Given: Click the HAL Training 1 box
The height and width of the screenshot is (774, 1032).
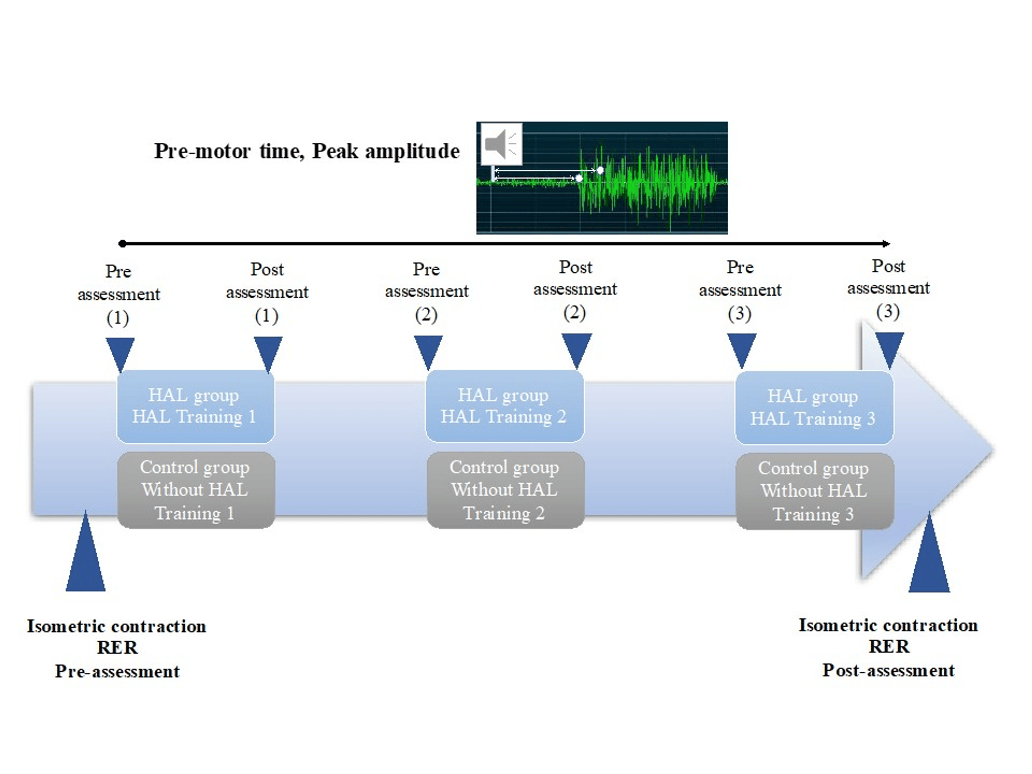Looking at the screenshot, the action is pyautogui.click(x=195, y=406).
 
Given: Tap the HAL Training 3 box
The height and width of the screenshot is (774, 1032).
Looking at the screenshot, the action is pyautogui.click(x=814, y=407).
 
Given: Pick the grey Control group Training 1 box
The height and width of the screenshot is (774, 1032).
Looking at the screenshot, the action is pyautogui.click(x=196, y=490).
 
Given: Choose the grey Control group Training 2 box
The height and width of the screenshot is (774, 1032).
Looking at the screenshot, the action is pyautogui.click(x=505, y=490).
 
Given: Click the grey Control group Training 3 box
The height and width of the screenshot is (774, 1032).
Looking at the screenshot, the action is pyautogui.click(x=815, y=491).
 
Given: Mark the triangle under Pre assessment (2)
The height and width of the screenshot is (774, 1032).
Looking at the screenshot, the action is pyautogui.click(x=428, y=351).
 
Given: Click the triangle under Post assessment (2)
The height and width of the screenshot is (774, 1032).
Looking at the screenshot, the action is pyautogui.click(x=577, y=350).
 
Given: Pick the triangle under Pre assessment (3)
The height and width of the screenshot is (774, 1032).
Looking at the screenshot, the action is pyautogui.click(x=742, y=350).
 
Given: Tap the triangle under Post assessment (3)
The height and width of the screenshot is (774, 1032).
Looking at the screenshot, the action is pyautogui.click(x=889, y=349).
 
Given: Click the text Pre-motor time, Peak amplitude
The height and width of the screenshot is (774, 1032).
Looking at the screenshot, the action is pyautogui.click(x=307, y=151).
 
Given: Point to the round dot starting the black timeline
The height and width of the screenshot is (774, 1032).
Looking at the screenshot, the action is pyautogui.click(x=122, y=243).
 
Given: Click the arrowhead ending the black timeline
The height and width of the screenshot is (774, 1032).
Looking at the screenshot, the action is pyautogui.click(x=886, y=243).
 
